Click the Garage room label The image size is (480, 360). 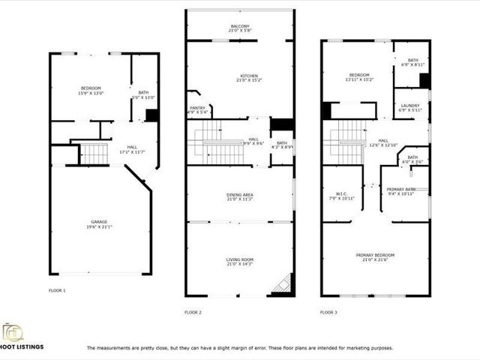point(100,223)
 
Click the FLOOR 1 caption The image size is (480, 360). point(58,290)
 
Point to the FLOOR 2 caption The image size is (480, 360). point(193,312)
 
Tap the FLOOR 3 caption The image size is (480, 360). point(328,312)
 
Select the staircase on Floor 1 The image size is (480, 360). point(95,154)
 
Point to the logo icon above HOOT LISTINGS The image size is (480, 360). point(13,331)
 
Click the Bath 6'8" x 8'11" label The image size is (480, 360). point(412,62)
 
